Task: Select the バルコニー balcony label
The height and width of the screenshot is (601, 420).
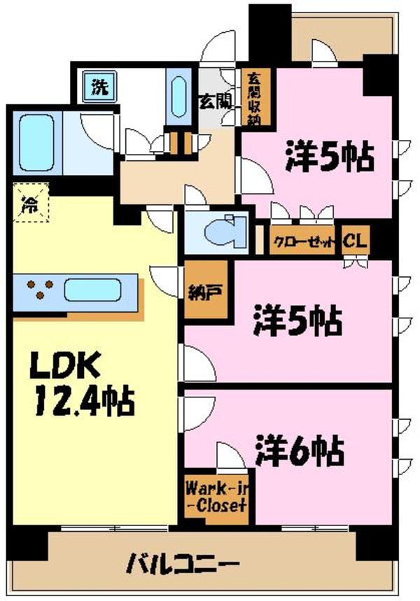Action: tap(183, 562)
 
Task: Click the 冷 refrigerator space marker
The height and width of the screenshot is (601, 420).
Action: tap(30, 203)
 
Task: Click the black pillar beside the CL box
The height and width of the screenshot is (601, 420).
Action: tap(380, 238)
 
